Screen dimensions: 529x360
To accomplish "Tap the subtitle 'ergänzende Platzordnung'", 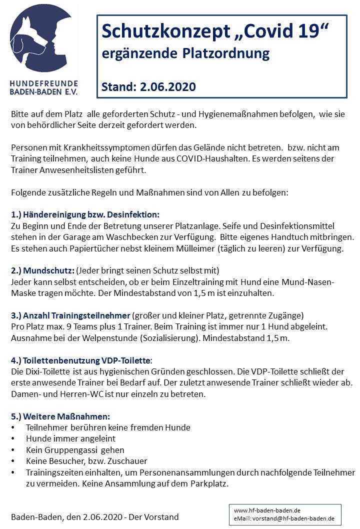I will click(185, 53).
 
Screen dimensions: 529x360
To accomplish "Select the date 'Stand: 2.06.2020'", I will click(148, 87).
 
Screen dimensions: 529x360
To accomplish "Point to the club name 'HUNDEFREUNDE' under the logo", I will click(43, 82).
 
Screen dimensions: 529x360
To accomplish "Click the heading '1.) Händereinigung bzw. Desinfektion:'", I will click(85, 214).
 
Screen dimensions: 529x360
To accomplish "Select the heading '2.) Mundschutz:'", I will click(42, 270).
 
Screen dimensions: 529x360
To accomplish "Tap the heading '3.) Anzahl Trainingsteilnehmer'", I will click(70, 315).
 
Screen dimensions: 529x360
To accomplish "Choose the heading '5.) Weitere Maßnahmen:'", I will click(60, 416).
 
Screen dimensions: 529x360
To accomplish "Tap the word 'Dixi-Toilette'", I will click(50, 371).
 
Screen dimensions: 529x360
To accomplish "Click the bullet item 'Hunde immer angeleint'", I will click(70, 438).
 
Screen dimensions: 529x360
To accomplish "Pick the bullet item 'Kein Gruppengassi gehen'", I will click(75, 450).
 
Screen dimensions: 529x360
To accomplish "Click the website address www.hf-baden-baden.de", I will click(267, 510).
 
